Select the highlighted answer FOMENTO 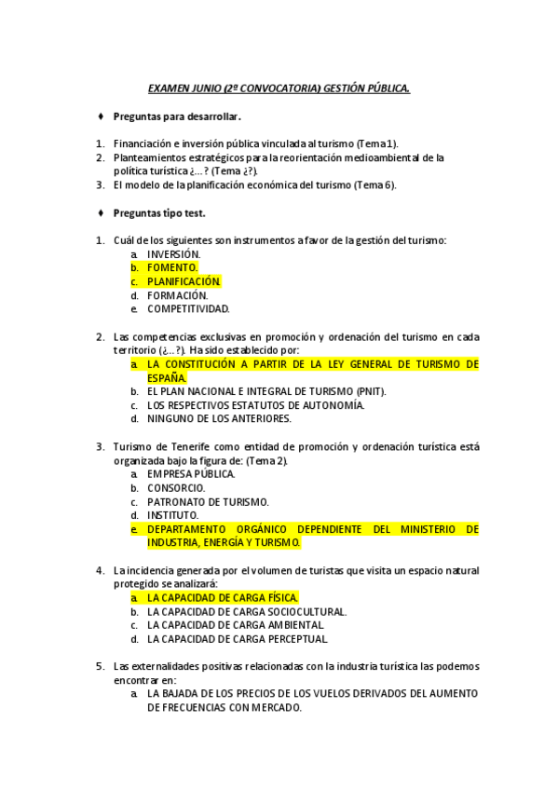pos(172,267)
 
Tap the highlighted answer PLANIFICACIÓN pos(184,281)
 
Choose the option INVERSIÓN pos(173,253)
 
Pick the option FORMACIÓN pos(177,295)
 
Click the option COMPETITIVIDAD pos(188,309)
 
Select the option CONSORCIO pos(176,487)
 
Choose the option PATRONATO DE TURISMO pos(208,501)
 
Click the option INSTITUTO pos(172,514)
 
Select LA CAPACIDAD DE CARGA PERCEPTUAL pos(238,639)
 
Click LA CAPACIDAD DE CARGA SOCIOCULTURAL pos(247,611)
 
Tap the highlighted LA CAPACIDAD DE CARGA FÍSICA pos(223,597)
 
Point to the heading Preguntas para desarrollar pos(177,117)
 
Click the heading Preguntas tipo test pos(159,212)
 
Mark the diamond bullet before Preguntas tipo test pos(101,212)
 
